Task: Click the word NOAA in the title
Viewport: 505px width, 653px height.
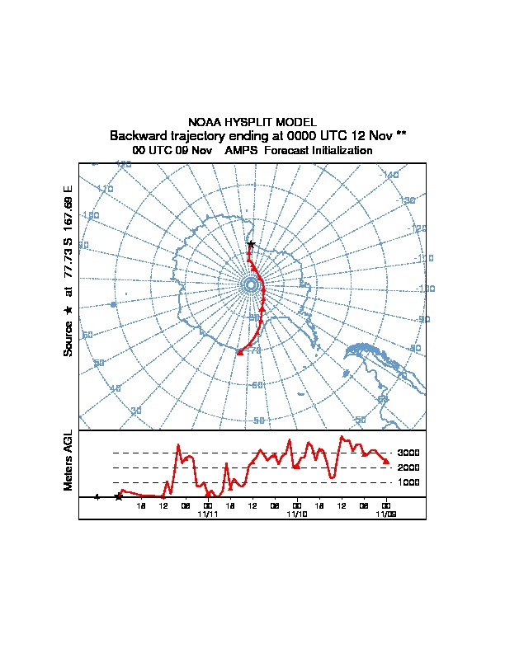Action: [205, 122]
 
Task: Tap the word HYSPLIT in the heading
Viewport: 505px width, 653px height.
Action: [247, 122]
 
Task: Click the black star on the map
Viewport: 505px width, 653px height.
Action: [251, 244]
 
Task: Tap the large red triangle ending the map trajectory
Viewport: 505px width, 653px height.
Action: [239, 352]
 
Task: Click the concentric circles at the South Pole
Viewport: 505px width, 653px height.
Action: [250, 284]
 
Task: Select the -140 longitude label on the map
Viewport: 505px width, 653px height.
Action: [389, 175]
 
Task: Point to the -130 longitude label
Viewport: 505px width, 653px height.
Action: [407, 200]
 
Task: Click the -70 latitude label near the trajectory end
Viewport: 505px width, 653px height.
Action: [255, 350]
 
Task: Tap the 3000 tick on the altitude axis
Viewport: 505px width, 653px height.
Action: [408, 453]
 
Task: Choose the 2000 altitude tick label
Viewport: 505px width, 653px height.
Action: [408, 467]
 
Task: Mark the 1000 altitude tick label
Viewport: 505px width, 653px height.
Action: [408, 482]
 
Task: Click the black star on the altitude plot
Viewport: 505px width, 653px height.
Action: [119, 496]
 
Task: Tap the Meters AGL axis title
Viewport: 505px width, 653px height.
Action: [68, 461]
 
